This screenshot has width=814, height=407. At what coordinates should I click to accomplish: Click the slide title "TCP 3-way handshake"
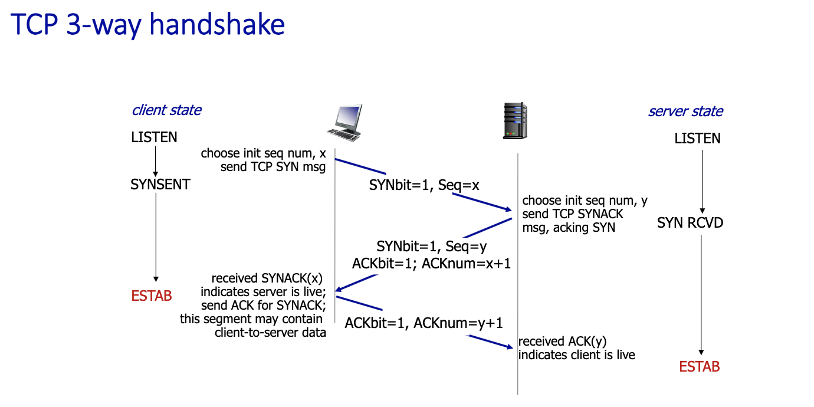coord(148,25)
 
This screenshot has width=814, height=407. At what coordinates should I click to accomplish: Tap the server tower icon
coord(514,121)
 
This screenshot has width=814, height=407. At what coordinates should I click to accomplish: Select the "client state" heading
coord(166,110)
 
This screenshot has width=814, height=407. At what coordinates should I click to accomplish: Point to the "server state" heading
coord(685,111)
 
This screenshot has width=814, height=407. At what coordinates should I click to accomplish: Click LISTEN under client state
coord(154,138)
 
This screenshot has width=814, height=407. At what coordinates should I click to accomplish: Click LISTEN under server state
coord(698,139)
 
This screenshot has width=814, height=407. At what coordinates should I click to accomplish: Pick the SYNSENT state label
coord(160,185)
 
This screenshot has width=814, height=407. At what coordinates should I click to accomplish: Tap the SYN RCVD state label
coord(690,223)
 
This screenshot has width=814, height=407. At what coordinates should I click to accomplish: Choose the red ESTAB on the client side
coord(152,296)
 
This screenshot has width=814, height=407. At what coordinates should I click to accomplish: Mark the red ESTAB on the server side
coord(700,367)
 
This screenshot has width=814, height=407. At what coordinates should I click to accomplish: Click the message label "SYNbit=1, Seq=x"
coord(424,185)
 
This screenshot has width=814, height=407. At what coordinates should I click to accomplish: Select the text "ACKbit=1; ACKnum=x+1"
coord(431,264)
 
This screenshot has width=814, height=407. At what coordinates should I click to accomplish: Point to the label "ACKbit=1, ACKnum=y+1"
coord(424,323)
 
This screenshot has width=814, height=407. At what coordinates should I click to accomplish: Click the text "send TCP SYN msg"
coord(273,167)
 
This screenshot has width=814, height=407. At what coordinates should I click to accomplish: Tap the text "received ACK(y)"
coord(563,341)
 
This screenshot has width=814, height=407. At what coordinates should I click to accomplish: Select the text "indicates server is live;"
coord(264,291)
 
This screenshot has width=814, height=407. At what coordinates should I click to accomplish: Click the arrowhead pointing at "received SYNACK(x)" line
coord(339,290)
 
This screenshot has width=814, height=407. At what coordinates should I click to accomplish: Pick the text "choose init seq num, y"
coord(585,201)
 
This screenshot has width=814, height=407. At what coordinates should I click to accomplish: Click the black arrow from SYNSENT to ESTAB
coord(156,236)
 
